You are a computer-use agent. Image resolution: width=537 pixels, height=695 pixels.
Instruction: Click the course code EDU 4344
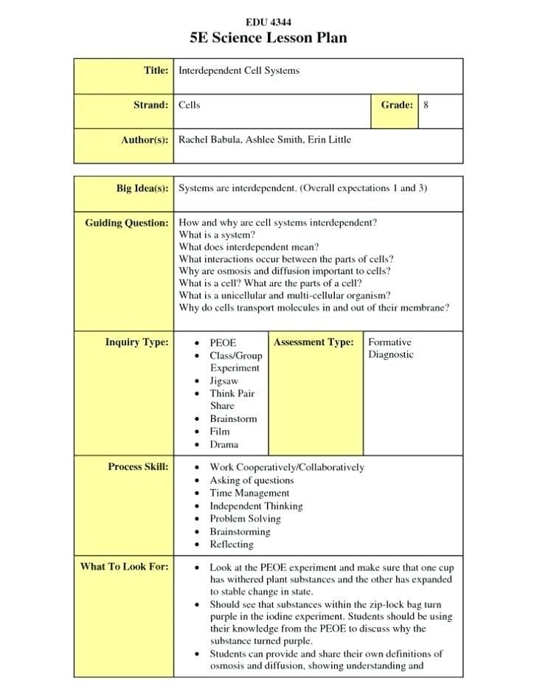(268, 22)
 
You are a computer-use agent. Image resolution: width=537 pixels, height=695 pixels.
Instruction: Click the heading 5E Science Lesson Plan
(268, 38)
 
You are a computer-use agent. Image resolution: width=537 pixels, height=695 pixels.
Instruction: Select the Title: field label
(156, 71)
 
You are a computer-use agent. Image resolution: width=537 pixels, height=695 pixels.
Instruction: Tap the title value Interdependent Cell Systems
(239, 71)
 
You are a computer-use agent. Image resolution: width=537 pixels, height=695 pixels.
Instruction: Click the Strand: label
(150, 106)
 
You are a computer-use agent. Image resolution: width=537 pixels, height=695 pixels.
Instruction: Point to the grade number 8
(426, 106)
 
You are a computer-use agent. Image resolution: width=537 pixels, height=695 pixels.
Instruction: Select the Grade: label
(396, 106)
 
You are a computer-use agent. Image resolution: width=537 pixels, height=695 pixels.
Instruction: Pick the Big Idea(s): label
(142, 189)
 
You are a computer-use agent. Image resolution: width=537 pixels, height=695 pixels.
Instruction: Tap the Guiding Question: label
(127, 223)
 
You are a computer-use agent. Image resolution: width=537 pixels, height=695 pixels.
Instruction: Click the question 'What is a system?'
(217, 235)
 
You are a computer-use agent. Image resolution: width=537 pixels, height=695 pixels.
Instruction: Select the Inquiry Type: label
(136, 342)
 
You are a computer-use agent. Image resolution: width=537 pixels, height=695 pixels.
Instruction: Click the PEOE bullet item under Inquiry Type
(224, 343)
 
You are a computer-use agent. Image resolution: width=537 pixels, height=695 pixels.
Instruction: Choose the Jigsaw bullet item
(224, 381)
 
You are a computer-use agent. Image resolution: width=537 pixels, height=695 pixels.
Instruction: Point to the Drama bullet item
(224, 444)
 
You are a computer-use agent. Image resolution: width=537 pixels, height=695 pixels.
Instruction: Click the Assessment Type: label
(313, 342)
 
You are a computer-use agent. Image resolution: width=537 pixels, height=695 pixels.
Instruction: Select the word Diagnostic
(391, 355)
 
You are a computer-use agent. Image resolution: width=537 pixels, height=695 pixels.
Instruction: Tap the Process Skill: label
(138, 467)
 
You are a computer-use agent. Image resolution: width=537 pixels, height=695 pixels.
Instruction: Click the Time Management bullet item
(249, 493)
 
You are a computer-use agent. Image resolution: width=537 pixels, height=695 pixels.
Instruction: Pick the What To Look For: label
(124, 567)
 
